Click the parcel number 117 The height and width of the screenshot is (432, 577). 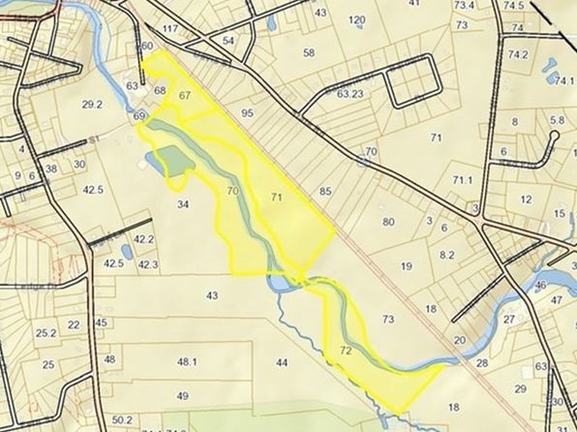pyautogui.click(x=171, y=29)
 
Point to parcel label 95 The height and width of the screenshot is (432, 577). pyautogui.click(x=247, y=113)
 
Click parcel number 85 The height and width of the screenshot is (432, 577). pyautogui.click(x=325, y=192)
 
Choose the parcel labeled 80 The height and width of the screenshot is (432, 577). pyautogui.click(x=388, y=222)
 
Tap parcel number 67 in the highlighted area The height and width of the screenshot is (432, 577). pyautogui.click(x=185, y=95)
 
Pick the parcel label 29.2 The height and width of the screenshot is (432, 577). pyautogui.click(x=93, y=105)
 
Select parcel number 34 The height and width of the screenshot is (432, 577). pyautogui.click(x=182, y=204)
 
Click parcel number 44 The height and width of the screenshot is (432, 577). pyautogui.click(x=282, y=362)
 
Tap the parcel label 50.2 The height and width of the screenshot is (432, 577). pyautogui.click(x=122, y=419)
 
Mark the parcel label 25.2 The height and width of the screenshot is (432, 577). pyautogui.click(x=46, y=332)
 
